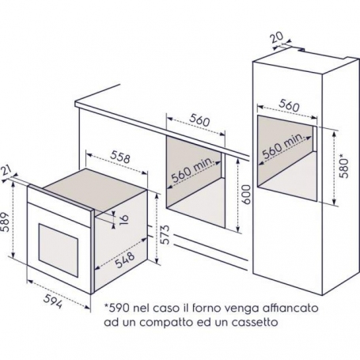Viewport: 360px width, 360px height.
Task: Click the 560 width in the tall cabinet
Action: pyautogui.click(x=290, y=104)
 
